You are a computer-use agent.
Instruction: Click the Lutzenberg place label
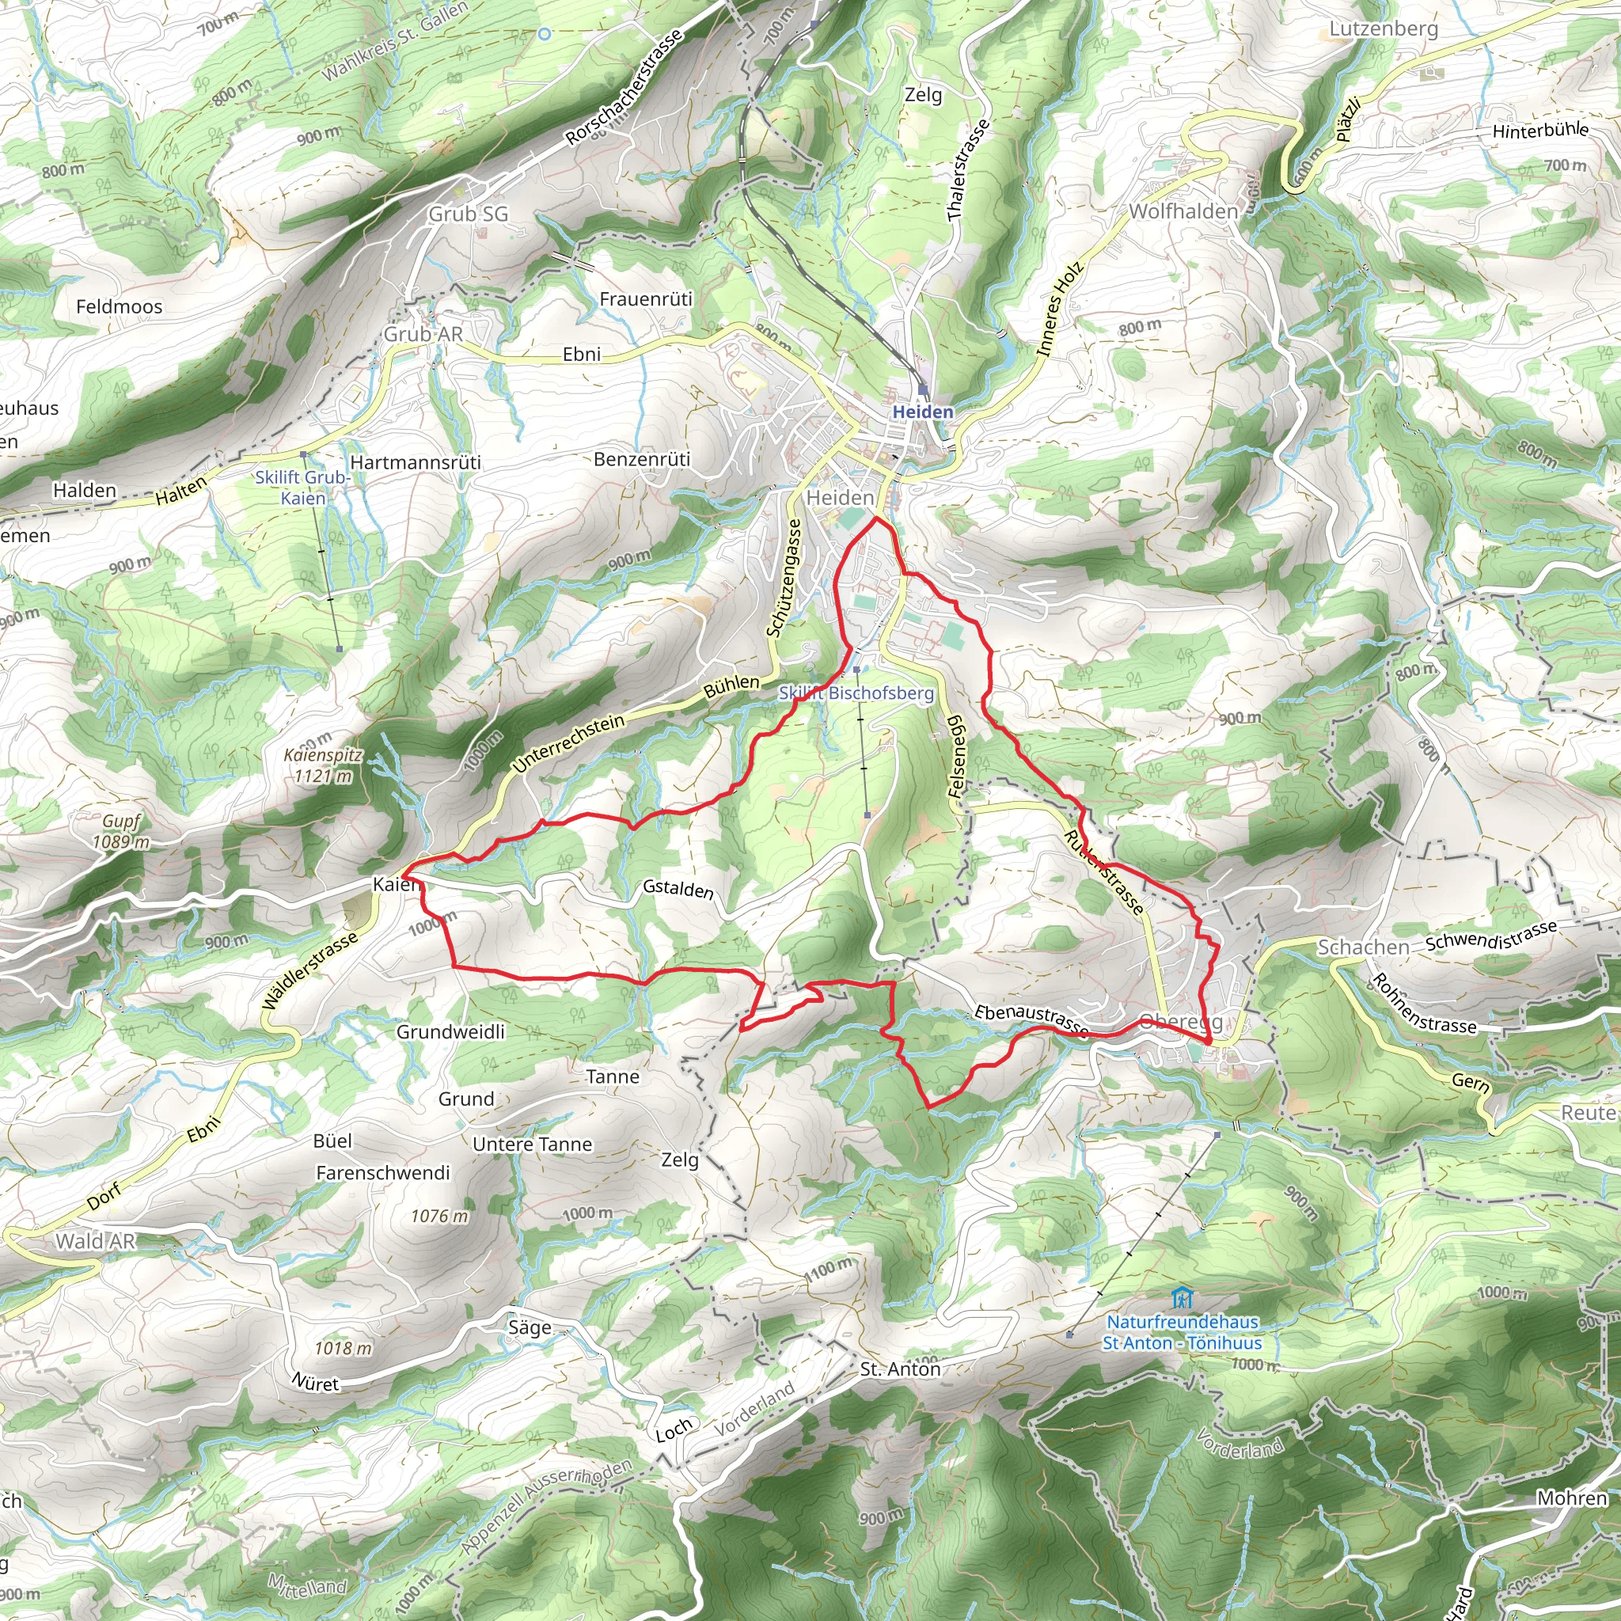tap(1384, 29)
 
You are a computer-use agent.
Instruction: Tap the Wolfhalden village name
tap(1183, 211)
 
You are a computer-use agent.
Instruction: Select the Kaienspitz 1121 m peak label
tap(323, 765)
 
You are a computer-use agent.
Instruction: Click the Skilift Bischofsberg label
tap(856, 693)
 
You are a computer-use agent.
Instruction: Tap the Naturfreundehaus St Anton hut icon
tap(1182, 1299)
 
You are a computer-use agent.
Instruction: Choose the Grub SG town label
tap(469, 214)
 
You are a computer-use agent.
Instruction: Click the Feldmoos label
tap(120, 307)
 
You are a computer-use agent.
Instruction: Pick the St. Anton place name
tap(900, 1369)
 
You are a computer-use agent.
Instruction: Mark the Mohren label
tap(1571, 1498)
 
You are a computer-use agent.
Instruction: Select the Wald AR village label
tap(95, 1242)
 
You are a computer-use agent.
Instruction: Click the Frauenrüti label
tap(646, 299)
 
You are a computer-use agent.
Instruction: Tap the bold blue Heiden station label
tap(923, 412)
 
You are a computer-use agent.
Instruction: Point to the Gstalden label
tap(678, 889)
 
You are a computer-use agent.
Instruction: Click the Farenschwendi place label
tap(382, 1173)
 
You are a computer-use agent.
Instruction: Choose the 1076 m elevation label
tap(439, 1216)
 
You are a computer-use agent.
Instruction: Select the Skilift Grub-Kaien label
tap(303, 488)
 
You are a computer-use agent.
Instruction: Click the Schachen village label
tap(1364, 947)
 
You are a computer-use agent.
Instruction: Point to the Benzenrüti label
tap(642, 460)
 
